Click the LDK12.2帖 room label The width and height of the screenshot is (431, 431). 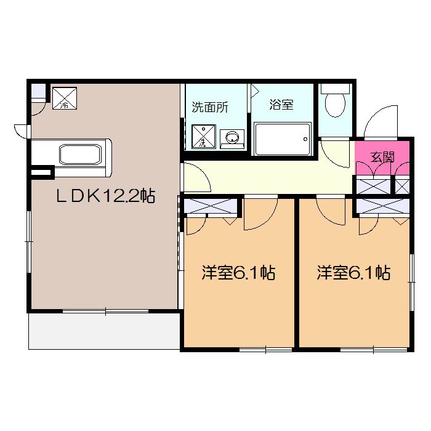point(105,196)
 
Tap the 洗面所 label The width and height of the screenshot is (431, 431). point(210,107)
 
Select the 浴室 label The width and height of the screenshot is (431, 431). point(281,105)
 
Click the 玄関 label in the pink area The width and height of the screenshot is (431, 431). point(382,156)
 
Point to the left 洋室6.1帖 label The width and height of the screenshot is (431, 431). point(238,273)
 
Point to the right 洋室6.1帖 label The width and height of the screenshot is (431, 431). point(353,273)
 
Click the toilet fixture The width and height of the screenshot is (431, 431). point(336,103)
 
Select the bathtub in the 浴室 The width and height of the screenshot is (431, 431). point(281,138)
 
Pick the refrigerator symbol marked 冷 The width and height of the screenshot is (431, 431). point(65,97)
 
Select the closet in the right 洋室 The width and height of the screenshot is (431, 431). point(382,206)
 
